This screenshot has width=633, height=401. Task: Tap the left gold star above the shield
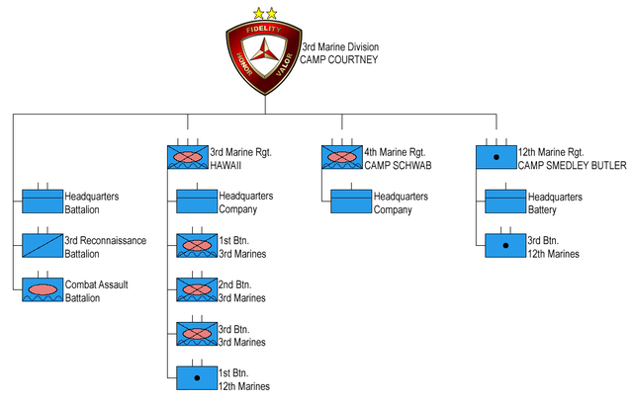tap(257, 14)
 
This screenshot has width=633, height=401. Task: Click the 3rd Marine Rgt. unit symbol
tap(186, 156)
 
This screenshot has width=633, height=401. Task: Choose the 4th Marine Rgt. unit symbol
tap(341, 156)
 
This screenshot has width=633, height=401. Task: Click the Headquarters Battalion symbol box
tap(42, 201)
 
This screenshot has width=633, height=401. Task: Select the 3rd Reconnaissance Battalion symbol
tap(42, 246)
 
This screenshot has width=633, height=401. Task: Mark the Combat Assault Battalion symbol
tap(42, 290)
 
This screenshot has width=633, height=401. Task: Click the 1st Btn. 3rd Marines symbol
tap(196, 246)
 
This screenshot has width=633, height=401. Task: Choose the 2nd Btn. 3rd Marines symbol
tap(196, 290)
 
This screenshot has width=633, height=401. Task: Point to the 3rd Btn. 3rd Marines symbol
tap(196, 335)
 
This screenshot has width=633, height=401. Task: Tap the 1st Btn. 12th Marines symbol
tap(196, 378)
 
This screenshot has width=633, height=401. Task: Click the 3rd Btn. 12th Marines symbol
tap(504, 246)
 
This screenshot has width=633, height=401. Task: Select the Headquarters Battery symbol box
tap(504, 201)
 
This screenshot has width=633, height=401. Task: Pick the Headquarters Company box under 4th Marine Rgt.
tap(350, 201)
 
